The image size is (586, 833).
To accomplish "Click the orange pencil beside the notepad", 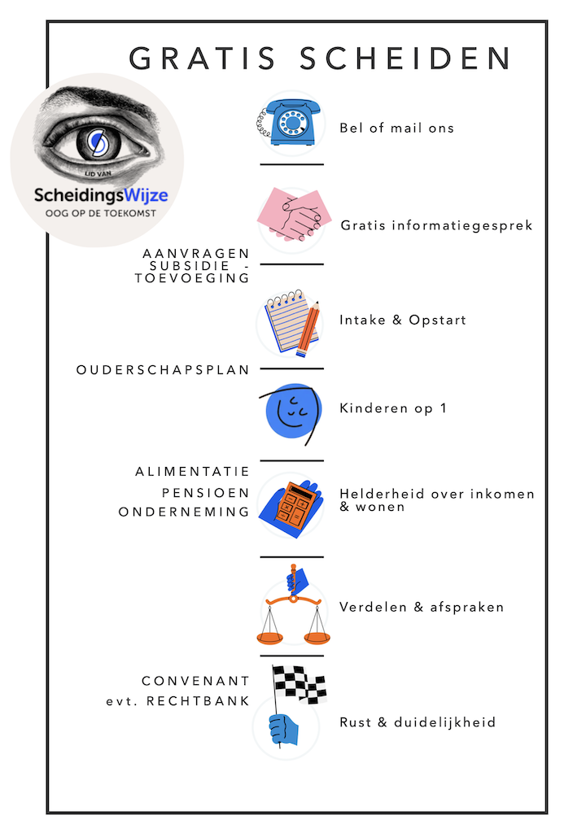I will pos(308,330).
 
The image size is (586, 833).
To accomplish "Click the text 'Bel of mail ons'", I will pos(396,128).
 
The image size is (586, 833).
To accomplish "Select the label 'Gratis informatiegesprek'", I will pos(436,225).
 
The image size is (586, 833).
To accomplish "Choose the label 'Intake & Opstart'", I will pos(403,320).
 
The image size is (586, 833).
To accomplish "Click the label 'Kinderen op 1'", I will pos(393,408).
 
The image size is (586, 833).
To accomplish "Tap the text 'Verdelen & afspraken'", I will pos(422,607).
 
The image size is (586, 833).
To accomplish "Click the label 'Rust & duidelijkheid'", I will pos(418,722).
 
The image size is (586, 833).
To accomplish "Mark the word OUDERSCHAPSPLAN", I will pos(163,369).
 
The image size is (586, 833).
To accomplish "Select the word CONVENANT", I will pos(195,682).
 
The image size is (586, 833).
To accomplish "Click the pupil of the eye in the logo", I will pos(96,143).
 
